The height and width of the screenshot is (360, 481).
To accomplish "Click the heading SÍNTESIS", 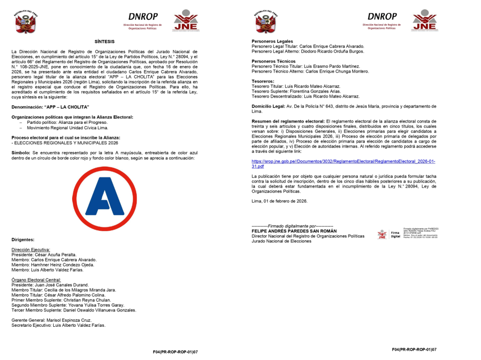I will pyautogui.click(x=104, y=41).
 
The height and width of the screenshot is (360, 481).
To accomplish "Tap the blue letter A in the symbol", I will pyautogui.click(x=105, y=199).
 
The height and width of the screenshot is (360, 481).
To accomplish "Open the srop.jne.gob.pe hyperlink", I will pyautogui.click(x=343, y=164).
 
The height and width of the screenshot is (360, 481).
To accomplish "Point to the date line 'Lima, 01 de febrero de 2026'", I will pyautogui.click(x=279, y=201).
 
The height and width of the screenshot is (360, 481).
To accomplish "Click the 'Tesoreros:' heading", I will pyautogui.click(x=263, y=81).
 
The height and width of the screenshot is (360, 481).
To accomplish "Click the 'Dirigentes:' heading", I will pyautogui.click(x=23, y=239).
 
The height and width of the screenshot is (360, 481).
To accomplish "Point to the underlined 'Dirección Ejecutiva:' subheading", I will pyautogui.click(x=31, y=250).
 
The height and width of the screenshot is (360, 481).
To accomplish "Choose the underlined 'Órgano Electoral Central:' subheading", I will pyautogui.click(x=36, y=280).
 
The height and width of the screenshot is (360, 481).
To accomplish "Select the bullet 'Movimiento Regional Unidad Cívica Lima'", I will pyautogui.click(x=67, y=127).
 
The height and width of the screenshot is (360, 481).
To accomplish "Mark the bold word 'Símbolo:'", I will pyautogui.click(x=20, y=153).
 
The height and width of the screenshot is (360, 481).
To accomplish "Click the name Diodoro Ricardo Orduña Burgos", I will pyautogui.click(x=332, y=51).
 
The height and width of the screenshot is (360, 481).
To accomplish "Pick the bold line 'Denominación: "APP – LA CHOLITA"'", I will pyautogui.click(x=50, y=107).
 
